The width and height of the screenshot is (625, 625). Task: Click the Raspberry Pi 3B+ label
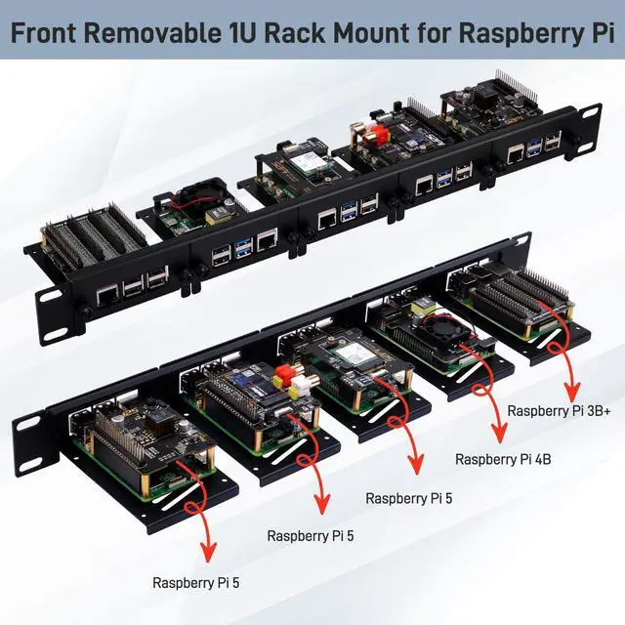(560, 411)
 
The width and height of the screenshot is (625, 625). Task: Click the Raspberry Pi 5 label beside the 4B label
(409, 498)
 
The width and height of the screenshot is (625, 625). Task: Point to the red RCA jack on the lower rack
(288, 372)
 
